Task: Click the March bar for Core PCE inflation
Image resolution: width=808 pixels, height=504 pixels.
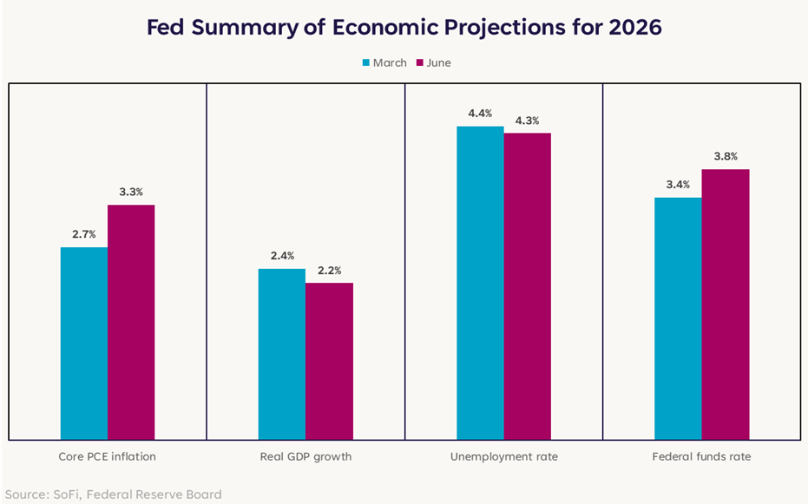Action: (x=84, y=344)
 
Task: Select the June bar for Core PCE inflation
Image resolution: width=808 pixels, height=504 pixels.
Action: (x=131, y=323)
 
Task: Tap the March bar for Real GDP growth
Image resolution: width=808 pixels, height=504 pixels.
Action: (x=282, y=354)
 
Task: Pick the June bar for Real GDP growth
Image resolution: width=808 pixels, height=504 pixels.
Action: (x=329, y=362)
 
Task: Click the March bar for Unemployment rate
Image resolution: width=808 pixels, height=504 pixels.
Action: (x=480, y=283)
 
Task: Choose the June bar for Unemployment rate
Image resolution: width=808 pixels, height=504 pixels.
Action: (x=528, y=286)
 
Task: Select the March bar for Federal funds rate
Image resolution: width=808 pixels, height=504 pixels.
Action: (x=678, y=318)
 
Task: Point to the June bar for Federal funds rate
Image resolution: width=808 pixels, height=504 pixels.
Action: (x=726, y=304)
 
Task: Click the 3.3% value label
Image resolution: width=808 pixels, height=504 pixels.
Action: (x=131, y=192)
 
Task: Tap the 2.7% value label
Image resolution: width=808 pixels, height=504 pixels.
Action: (x=84, y=234)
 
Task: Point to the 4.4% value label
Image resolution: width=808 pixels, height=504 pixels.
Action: (x=480, y=114)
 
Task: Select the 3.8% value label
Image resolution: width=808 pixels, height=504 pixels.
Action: (x=726, y=156)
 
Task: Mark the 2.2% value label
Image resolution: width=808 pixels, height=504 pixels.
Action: (x=329, y=271)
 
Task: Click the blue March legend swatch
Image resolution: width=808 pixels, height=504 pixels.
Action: (x=366, y=62)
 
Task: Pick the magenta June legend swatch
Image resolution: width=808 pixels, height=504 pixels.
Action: (x=419, y=62)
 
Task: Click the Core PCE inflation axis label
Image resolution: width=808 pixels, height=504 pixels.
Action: (x=108, y=456)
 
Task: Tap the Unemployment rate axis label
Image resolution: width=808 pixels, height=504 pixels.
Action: (x=504, y=457)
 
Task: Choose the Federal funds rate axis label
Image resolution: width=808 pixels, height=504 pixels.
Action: (x=702, y=456)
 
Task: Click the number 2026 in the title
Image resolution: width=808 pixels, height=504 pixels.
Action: (x=635, y=27)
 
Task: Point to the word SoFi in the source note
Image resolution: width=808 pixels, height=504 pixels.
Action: (x=67, y=494)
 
